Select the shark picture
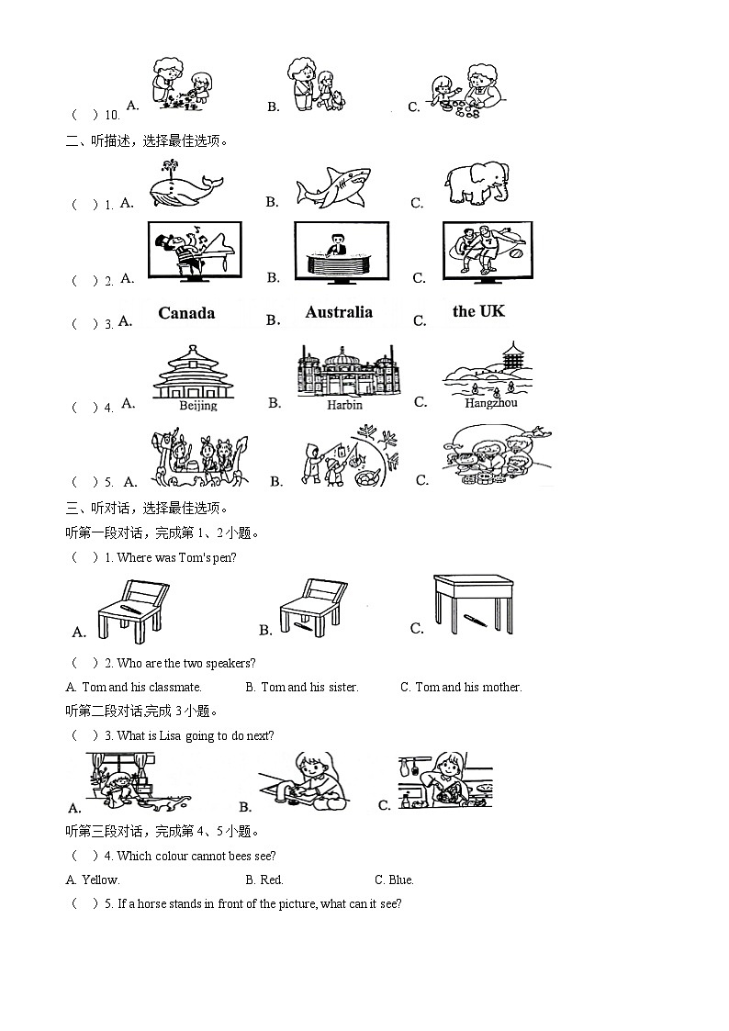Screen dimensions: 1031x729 tap(332, 188)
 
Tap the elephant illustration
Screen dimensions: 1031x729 tap(475, 184)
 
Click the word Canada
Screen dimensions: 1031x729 tap(186, 313)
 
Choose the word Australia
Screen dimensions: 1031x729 tap(339, 312)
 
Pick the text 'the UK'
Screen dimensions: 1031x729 tap(478, 311)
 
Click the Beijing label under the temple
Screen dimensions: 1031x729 tap(197, 405)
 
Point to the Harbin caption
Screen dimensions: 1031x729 tap(344, 405)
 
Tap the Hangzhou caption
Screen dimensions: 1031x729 tap(491, 403)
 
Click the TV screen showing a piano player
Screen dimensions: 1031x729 tap(195, 250)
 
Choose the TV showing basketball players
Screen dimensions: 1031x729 tap(487, 250)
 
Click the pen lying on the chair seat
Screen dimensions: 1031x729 tap(129, 609)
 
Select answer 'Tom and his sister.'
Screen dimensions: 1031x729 tap(309, 687)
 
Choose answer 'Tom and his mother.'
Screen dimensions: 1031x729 tap(468, 687)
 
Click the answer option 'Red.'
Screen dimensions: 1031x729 tap(272, 880)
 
